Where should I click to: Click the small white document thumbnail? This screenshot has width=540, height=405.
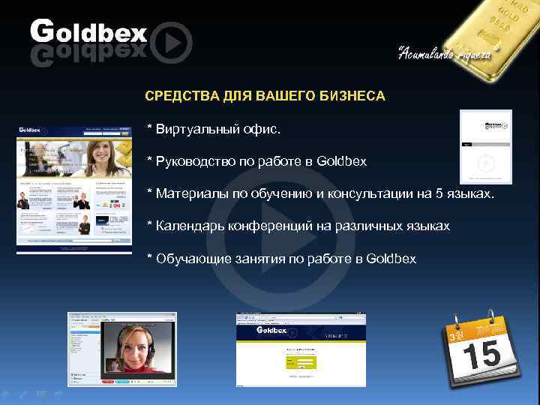pos(485,146)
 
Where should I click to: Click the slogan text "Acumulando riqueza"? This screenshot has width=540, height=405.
pos(444,52)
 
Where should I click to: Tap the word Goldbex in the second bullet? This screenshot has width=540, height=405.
pos(342,161)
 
